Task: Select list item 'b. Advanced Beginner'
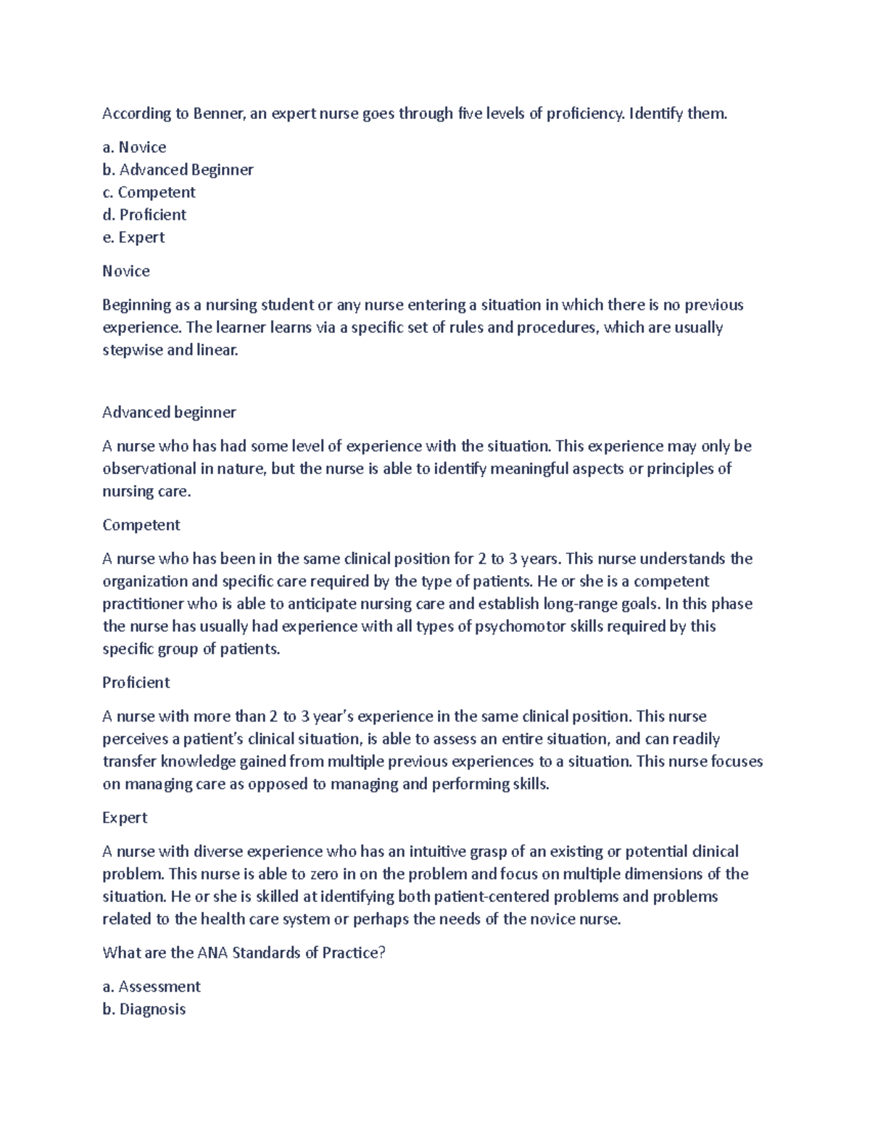tap(178, 170)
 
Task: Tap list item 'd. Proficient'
tap(144, 215)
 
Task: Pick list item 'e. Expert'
tap(133, 237)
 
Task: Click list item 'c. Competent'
tap(149, 192)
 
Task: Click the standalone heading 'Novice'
tap(126, 271)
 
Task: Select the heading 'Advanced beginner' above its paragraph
tap(169, 413)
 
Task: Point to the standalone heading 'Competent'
tap(141, 525)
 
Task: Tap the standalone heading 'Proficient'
tap(136, 682)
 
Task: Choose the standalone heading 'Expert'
tap(125, 818)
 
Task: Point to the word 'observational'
tap(149, 468)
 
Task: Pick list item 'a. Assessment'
tap(152, 987)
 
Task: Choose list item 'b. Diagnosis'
tap(144, 1009)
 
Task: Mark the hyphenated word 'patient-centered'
tap(492, 897)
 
